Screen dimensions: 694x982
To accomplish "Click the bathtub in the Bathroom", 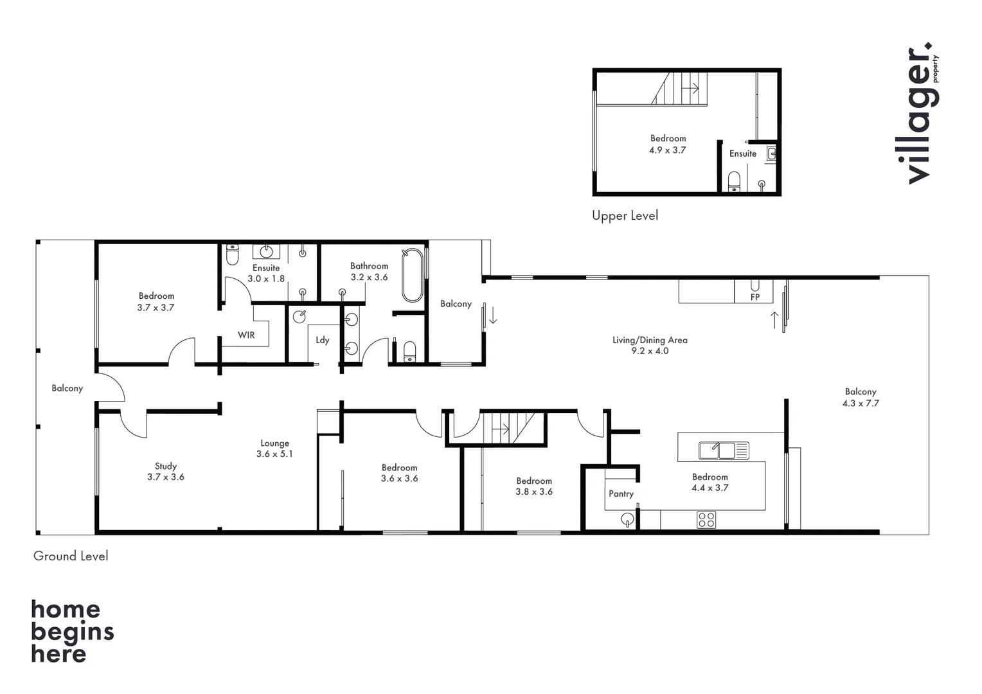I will (413, 276).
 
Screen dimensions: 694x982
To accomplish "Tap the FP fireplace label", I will (755, 298).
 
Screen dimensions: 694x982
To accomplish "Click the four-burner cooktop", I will (706, 519).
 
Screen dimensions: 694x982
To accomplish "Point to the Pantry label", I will (621, 494).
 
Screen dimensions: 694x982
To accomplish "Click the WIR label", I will (246, 335).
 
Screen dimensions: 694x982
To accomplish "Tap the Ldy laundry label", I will (323, 341).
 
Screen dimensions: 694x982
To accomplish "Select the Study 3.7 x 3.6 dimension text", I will (166, 477).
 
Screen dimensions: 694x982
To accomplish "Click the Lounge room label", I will (274, 443).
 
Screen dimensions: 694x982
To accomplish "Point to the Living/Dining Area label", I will (650, 341).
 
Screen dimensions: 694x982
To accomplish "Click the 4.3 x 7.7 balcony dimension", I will (861, 404).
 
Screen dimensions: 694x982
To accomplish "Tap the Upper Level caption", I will (625, 216).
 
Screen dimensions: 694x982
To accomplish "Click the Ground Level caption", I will (71, 556).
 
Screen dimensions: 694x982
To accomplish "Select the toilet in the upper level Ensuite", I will (734, 182).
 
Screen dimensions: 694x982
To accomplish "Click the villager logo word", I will (919, 116).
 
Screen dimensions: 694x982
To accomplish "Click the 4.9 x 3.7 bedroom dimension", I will (668, 150).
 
